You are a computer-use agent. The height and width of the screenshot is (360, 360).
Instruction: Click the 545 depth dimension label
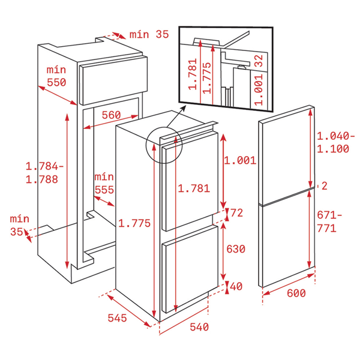coord(117,318)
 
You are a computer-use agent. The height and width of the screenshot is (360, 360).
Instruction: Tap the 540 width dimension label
coord(199,327)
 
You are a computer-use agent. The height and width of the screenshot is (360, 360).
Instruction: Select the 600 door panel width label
coord(296,293)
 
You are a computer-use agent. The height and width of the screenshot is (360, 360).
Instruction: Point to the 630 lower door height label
coord(236,249)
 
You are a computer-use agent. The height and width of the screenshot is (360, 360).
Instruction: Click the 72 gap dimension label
coord(237,213)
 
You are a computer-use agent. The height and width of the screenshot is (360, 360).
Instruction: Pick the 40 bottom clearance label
coord(236,286)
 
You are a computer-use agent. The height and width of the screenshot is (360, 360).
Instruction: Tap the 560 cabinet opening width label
coord(111,115)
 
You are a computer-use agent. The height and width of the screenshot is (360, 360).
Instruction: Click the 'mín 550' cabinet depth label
coord(56,76)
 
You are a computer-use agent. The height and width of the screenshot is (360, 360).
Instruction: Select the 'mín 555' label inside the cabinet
coord(104,184)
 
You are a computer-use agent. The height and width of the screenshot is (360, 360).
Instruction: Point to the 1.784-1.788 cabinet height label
coord(44,173)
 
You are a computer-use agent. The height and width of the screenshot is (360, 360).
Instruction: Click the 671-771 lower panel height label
coord(329,222)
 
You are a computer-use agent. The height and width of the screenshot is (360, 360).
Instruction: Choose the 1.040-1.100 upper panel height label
coord(335,142)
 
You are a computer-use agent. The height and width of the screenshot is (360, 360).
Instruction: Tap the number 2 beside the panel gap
coord(325,186)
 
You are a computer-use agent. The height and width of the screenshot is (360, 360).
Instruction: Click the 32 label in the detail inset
coord(259,61)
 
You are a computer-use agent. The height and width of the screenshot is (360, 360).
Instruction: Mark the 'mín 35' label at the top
coord(149,34)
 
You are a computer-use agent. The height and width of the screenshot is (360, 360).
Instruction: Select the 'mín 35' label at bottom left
coord(20,225)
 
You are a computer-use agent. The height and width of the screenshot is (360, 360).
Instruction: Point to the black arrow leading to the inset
coord(176,116)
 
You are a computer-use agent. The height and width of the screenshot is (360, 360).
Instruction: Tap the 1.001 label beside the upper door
coord(240,160)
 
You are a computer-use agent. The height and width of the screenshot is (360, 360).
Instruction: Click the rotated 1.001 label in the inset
coord(259,89)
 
